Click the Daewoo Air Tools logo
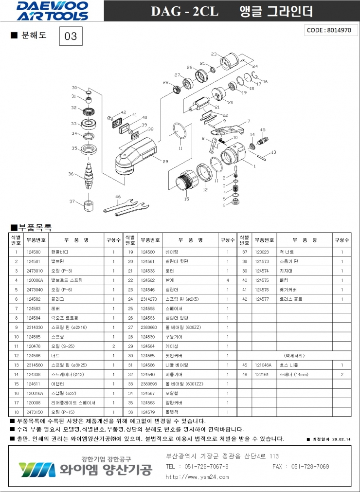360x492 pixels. tap(52, 11)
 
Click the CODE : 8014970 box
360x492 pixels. tap(329, 30)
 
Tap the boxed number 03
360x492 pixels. tap(71, 36)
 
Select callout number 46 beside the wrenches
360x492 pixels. tap(118, 197)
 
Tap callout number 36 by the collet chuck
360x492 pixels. tap(71, 174)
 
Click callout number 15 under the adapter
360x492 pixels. tap(186, 199)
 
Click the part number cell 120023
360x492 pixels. tap(263, 252)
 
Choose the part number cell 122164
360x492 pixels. tap(263, 374)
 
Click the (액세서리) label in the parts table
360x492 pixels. tap(293, 355)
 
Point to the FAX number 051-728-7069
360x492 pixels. tap(310, 466)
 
